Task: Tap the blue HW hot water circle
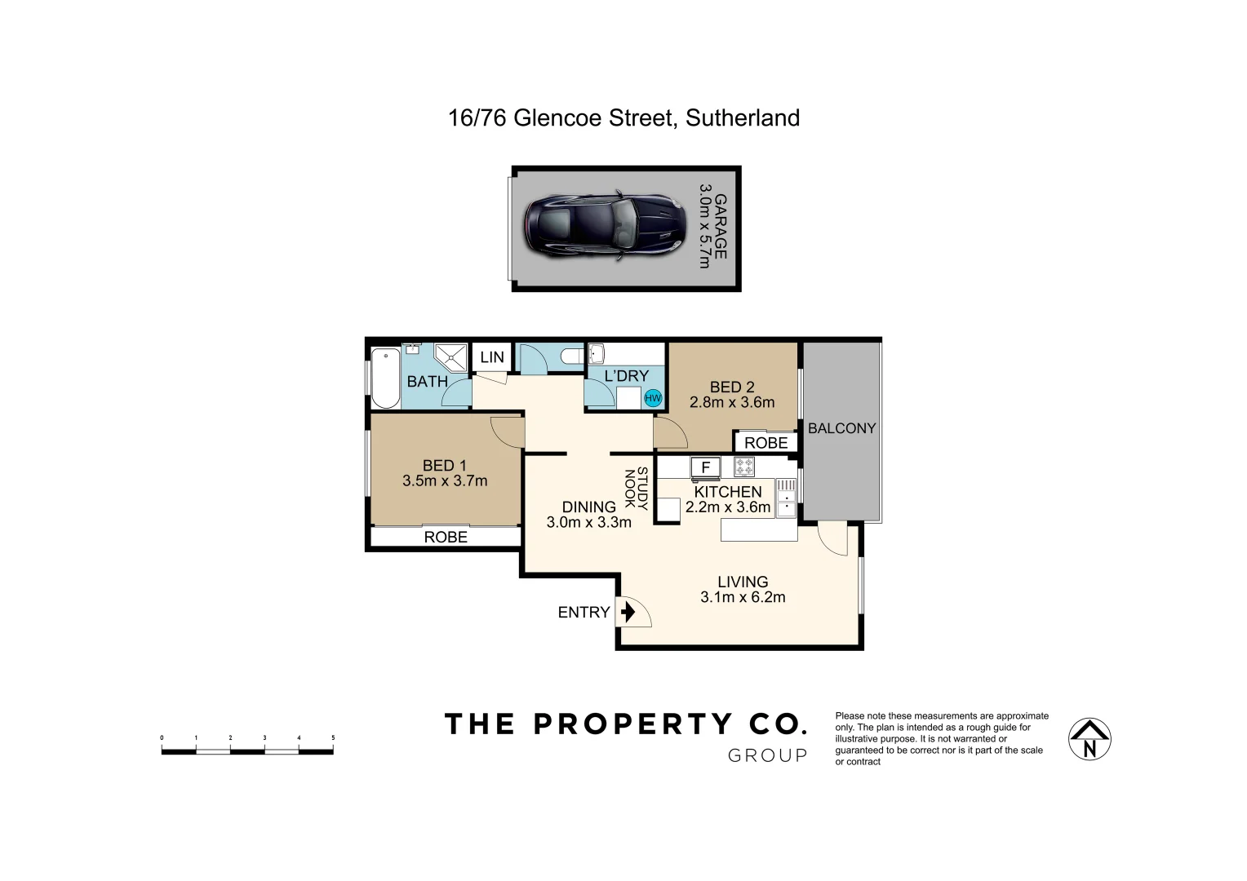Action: click(x=653, y=398)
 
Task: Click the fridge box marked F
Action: click(x=706, y=467)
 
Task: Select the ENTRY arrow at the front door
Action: click(x=628, y=612)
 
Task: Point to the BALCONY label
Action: click(x=841, y=428)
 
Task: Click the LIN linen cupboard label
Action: click(x=492, y=357)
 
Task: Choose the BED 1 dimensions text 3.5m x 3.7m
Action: click(x=445, y=481)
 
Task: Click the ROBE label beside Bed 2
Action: click(x=766, y=443)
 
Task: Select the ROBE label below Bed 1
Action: click(x=446, y=537)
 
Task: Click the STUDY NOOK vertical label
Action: click(x=636, y=489)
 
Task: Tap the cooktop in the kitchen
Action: click(x=744, y=467)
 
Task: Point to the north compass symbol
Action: click(x=1089, y=739)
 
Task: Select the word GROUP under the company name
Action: click(x=767, y=756)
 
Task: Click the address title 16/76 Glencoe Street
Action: click(x=623, y=118)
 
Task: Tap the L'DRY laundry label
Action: click(x=626, y=376)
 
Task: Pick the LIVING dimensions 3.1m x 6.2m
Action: click(x=743, y=597)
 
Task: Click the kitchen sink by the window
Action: click(x=786, y=498)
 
